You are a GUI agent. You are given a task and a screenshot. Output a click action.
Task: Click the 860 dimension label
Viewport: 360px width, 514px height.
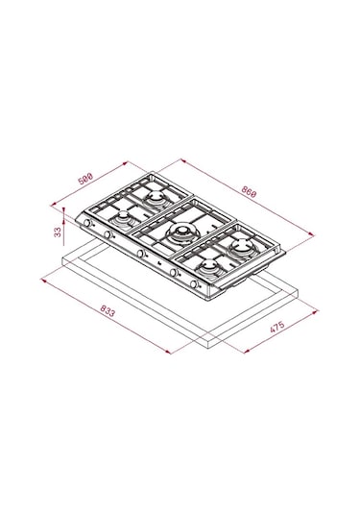click(x=249, y=191)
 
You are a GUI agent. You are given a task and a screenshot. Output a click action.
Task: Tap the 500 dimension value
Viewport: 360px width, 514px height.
click(x=85, y=179)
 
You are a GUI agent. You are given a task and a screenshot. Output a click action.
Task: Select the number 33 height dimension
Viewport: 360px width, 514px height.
click(x=58, y=233)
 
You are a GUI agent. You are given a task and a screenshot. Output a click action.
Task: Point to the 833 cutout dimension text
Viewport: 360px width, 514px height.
click(x=108, y=311)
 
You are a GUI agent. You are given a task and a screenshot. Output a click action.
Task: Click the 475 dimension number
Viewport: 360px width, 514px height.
click(x=277, y=327)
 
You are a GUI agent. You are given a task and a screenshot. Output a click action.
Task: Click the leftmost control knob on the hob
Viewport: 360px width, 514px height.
click(x=87, y=223)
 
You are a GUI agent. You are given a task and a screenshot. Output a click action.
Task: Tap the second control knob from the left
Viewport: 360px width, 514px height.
click(x=108, y=234)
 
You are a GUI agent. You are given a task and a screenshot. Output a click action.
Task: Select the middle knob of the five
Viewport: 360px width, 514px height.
click(x=140, y=254)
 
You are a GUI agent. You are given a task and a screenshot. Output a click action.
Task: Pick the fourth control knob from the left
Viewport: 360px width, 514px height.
click(x=174, y=273)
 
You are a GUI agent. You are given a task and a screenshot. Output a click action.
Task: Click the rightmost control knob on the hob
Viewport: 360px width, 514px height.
click(x=194, y=284)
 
